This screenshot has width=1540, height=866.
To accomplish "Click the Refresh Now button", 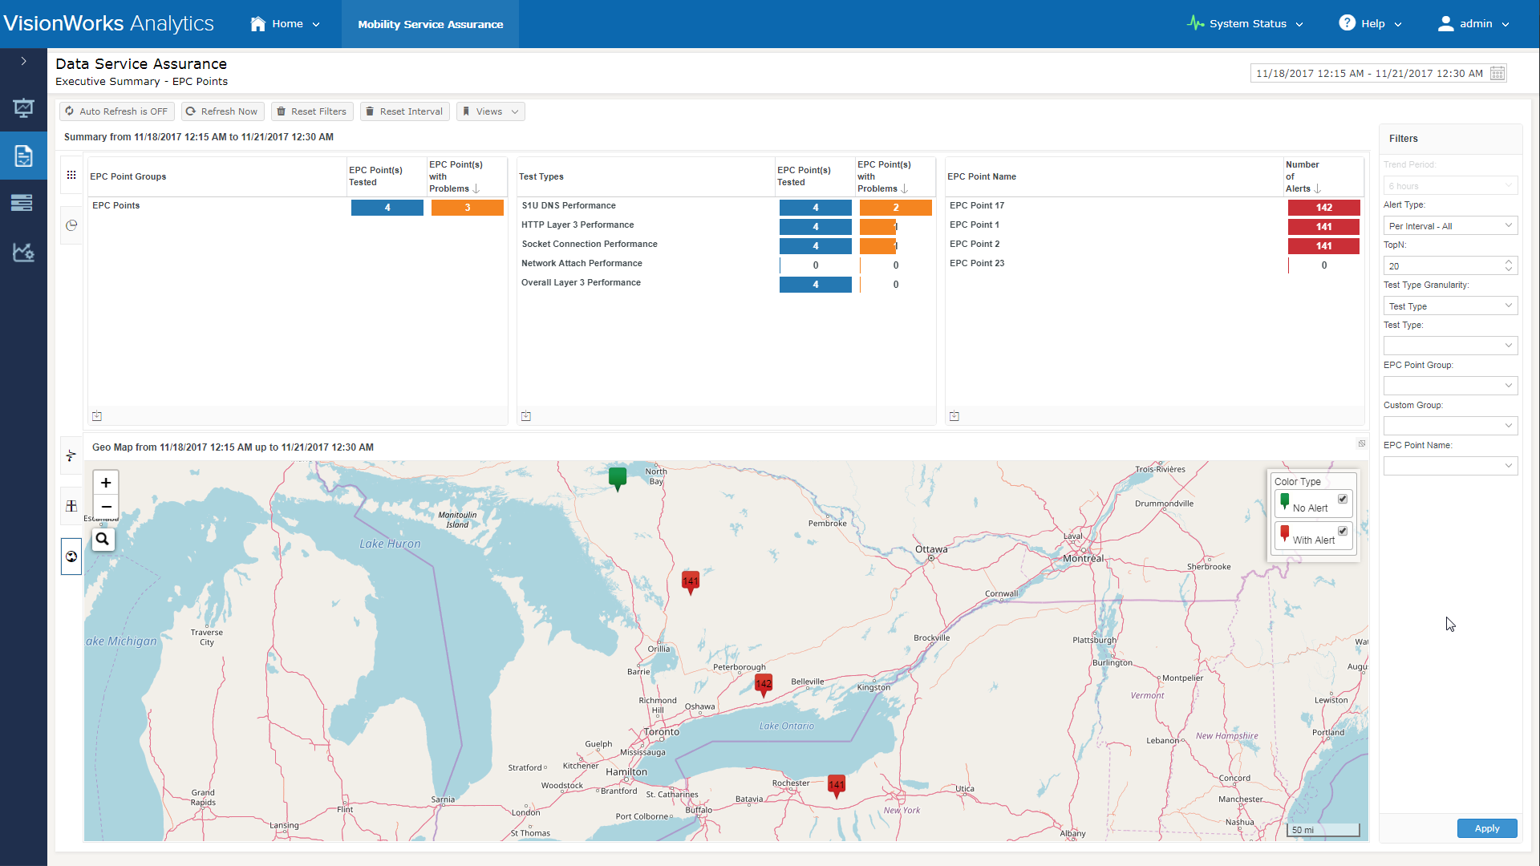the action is click(x=222, y=111).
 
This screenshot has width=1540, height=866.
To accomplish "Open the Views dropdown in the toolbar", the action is click(x=490, y=111).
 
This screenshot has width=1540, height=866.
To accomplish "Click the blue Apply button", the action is click(x=1486, y=828).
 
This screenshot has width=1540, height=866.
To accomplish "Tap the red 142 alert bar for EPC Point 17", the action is click(x=1323, y=208).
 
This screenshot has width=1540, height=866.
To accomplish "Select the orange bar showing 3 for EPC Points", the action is click(x=467, y=208).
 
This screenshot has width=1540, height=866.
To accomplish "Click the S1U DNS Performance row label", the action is click(x=569, y=206).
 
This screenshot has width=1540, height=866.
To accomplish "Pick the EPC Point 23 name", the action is click(x=977, y=264).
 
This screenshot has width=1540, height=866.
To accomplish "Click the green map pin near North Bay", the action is click(x=617, y=479).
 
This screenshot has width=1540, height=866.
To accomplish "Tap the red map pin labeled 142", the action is click(x=764, y=685).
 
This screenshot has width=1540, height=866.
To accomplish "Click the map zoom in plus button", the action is click(x=106, y=483).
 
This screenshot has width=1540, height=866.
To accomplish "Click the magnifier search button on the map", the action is click(x=103, y=540).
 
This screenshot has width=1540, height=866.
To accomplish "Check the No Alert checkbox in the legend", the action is click(x=1343, y=499).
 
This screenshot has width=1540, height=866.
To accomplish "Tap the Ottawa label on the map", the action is click(x=931, y=550).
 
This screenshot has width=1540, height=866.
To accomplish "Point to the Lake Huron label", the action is click(x=390, y=544).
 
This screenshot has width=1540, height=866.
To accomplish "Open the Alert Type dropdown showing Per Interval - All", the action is click(x=1450, y=226).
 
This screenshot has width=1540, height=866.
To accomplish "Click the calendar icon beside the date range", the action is click(x=1497, y=74).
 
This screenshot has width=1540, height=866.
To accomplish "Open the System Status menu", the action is click(x=1245, y=24).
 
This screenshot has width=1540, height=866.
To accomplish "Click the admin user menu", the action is click(x=1473, y=24).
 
